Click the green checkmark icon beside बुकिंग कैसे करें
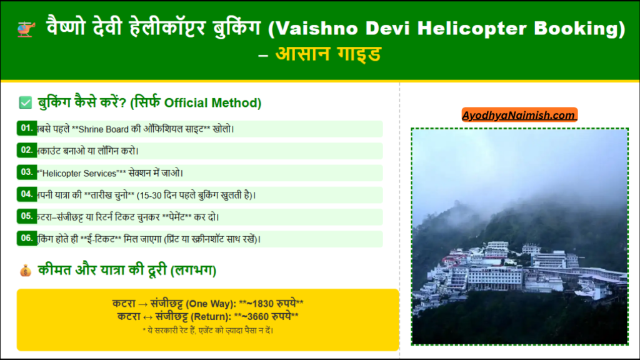click(x=26, y=102)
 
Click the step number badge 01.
click(x=27, y=128)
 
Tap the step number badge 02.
click(x=27, y=150)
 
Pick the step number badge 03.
click(x=27, y=172)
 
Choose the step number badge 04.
click(x=27, y=194)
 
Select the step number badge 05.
click(x=27, y=216)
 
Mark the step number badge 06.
click(x=27, y=238)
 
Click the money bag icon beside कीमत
click(x=25, y=271)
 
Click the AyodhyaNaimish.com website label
click(x=519, y=116)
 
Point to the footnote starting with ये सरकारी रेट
click(x=208, y=329)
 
